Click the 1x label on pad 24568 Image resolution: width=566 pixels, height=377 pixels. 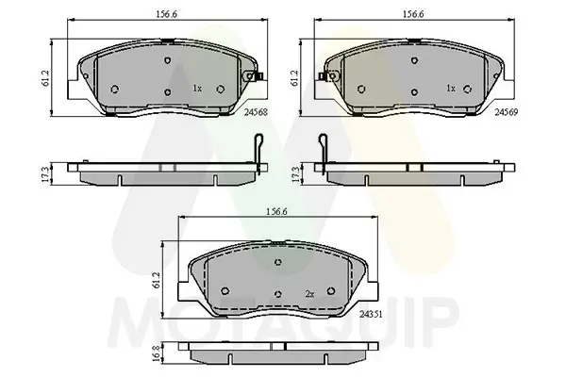tap(197, 89)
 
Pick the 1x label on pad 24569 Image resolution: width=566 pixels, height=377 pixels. tap(450, 89)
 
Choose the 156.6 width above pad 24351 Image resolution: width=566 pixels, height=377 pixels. tap(276, 212)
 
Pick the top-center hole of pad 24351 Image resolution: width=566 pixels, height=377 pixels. tap(276, 261)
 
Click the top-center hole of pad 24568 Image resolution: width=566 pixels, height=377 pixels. tap(167, 59)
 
